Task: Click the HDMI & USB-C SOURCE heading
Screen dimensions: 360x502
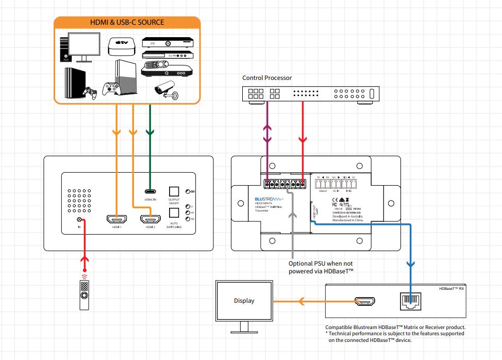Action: point(126,22)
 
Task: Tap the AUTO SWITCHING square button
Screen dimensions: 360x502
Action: point(174,211)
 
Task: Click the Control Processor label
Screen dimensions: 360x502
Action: point(267,78)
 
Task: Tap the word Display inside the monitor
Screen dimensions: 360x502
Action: point(244,301)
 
